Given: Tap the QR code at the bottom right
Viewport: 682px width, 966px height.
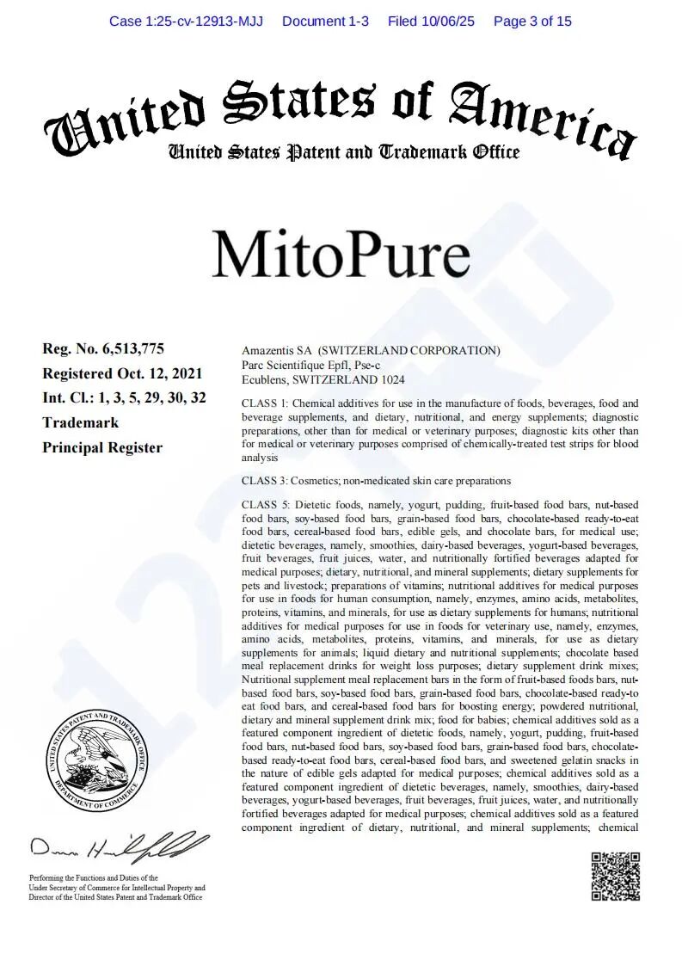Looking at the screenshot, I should tap(615, 876).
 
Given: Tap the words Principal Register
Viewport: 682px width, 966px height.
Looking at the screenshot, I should tap(102, 447).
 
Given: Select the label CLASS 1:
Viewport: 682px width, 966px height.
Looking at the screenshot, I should tap(268, 403).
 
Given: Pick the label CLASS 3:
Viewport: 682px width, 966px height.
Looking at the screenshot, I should tap(268, 481).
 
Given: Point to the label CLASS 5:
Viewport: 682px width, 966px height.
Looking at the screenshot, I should tap(268, 505).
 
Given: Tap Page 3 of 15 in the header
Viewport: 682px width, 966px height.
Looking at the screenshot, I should tap(532, 21).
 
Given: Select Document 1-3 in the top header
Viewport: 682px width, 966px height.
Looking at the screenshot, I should tap(325, 21).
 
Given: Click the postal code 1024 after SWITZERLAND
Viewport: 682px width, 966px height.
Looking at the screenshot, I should tap(391, 379).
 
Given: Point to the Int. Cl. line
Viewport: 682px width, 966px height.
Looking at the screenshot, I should tap(124, 397).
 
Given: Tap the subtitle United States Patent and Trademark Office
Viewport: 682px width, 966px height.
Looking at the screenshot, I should tap(344, 153).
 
